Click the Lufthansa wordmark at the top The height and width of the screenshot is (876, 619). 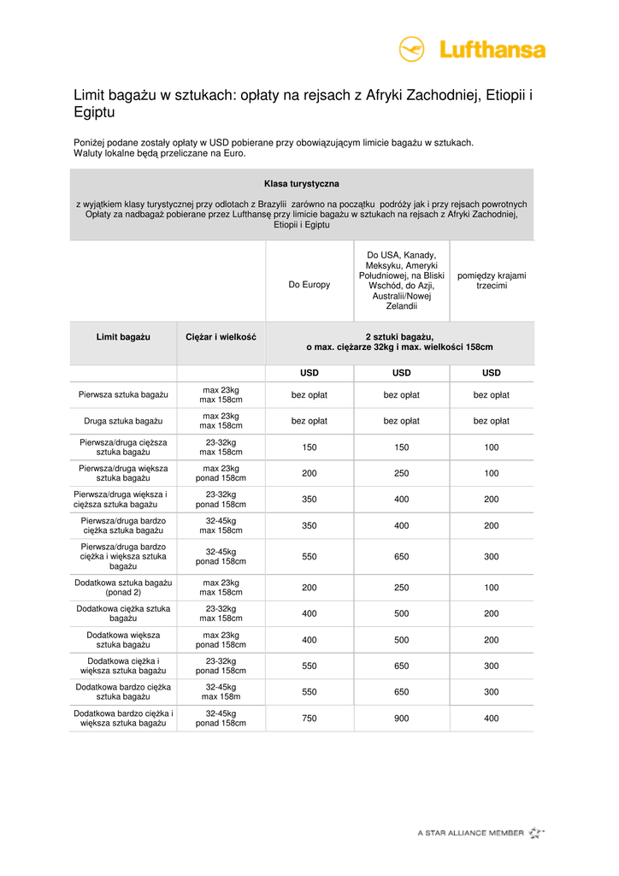pyautogui.click(x=492, y=50)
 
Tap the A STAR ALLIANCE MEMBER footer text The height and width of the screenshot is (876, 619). pyautogui.click(x=470, y=832)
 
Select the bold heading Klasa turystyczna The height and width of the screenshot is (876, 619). pyautogui.click(x=302, y=184)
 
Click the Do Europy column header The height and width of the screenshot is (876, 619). pyautogui.click(x=309, y=284)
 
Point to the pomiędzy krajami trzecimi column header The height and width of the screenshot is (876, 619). pyautogui.click(x=492, y=281)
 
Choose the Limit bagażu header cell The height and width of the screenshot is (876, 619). pyautogui.click(x=123, y=336)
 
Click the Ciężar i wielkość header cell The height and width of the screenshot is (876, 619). pyautogui.click(x=221, y=336)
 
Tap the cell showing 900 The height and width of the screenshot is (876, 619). pyautogui.click(x=401, y=719)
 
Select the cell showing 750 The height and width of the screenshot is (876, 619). pyautogui.click(x=309, y=719)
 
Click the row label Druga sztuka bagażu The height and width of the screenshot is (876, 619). pyautogui.click(x=123, y=421)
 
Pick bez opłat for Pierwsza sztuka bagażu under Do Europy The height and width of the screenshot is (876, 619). pyautogui.click(x=309, y=395)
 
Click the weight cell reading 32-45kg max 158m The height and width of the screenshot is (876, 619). pyautogui.click(x=221, y=692)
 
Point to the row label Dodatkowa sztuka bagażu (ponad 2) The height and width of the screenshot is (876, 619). pyautogui.click(x=123, y=588)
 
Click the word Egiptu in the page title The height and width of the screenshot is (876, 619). pyautogui.click(x=94, y=112)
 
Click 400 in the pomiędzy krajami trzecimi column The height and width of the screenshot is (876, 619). pyautogui.click(x=492, y=719)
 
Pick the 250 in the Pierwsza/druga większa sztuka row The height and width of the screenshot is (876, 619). pyautogui.click(x=401, y=473)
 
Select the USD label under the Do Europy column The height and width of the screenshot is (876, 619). pyautogui.click(x=309, y=373)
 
